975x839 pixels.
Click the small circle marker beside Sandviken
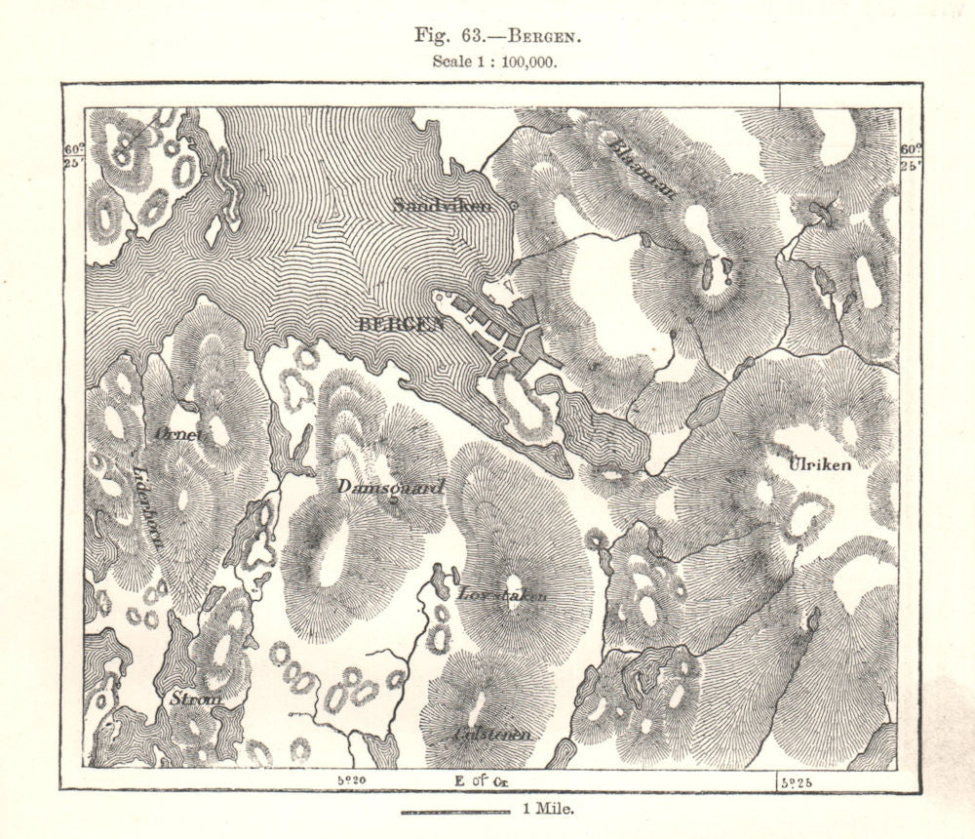(514, 206)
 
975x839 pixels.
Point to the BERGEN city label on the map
(402, 325)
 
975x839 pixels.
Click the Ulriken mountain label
(819, 464)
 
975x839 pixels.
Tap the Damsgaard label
(378, 486)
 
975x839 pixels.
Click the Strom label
(195, 699)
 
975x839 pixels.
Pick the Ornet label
(176, 435)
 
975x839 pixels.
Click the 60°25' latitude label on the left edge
(73, 156)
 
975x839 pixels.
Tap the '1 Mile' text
(549, 809)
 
